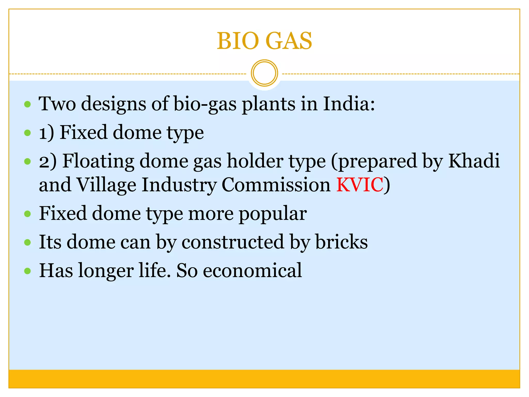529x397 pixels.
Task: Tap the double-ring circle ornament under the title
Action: pos(264,73)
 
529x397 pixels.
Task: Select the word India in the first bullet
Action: pos(349,104)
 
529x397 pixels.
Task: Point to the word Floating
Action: pos(98,161)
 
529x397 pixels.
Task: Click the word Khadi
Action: pos(474,161)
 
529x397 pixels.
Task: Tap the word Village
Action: pos(106,185)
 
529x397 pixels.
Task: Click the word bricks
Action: pos(341,242)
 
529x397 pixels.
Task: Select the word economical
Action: pos(252,270)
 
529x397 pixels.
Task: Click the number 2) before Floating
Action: pos(48,161)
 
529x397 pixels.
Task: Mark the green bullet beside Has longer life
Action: pos(27,271)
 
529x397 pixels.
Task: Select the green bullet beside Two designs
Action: pos(27,104)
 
